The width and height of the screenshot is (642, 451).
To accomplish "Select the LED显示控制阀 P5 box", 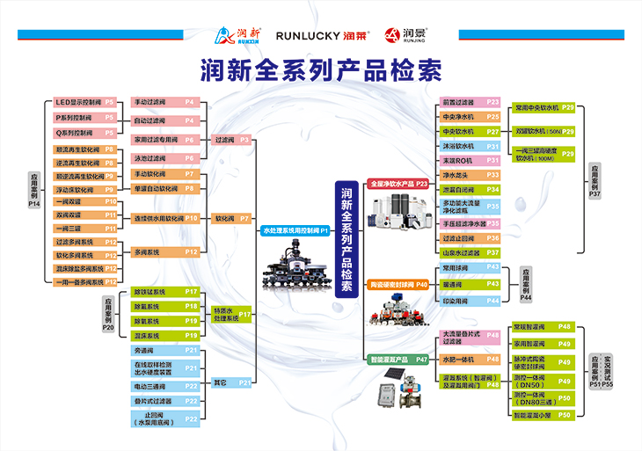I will tap(85, 102).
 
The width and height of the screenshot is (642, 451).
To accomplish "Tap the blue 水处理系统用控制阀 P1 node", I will tap(295, 230).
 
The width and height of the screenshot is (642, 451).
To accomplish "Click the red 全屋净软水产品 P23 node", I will tap(398, 184).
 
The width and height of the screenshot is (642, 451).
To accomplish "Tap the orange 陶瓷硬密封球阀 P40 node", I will tap(398, 285).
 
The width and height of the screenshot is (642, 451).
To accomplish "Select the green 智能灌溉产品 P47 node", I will tap(398, 360).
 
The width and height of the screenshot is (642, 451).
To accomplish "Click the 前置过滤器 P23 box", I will tap(471, 102).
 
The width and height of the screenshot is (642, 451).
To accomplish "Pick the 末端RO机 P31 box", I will tap(471, 161).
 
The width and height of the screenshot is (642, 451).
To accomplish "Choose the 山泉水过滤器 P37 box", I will tap(471, 252).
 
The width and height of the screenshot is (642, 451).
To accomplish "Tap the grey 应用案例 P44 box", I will tap(526, 285).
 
